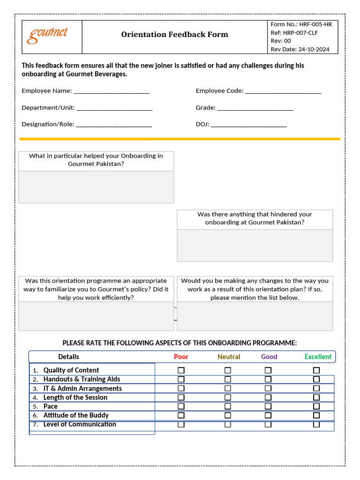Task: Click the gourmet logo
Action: coord(47,35)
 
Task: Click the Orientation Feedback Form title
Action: coord(174,34)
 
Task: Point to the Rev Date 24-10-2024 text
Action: coord(300,49)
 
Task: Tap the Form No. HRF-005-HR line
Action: coord(301,24)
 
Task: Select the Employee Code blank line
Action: coord(283,91)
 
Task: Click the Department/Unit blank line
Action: coord(114,108)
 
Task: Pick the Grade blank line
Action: coord(255,108)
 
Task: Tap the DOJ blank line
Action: coord(249,125)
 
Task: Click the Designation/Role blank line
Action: coord(114,125)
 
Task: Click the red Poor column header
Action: coord(181,357)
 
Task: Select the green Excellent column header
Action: coord(318,357)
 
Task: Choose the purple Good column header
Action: coord(269,357)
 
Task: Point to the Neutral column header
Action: coord(229,357)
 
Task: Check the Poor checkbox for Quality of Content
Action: coord(181,370)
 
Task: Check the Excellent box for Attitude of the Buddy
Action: coord(316,415)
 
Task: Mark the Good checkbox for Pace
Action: coord(268,406)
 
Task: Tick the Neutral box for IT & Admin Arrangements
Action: coord(228,389)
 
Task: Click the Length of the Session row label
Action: coord(75,397)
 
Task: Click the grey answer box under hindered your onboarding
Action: coord(255,245)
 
